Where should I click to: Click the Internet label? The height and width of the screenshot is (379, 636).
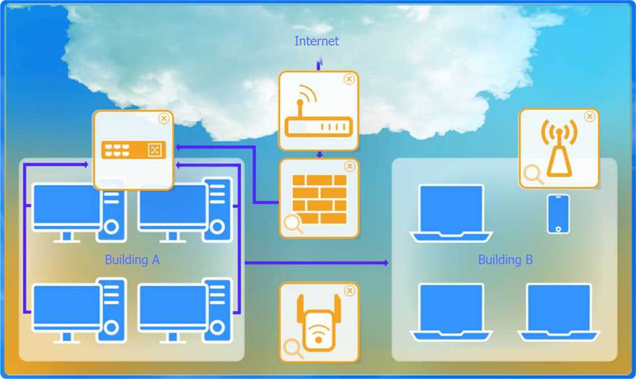[x=317, y=41]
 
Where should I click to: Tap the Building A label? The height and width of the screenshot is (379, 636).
[x=132, y=259]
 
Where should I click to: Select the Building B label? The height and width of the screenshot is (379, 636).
[x=505, y=259]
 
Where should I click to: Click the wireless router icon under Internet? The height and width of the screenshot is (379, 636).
[x=318, y=114]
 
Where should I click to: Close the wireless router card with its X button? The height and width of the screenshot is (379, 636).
[x=349, y=79]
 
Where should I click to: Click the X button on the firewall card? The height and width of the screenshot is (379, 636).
[x=349, y=166]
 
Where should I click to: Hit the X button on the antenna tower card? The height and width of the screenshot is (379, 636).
[x=590, y=116]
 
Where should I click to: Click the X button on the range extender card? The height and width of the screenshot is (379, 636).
[x=349, y=290]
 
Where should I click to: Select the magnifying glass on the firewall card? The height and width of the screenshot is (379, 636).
[x=293, y=224]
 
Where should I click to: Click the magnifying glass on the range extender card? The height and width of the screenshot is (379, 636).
[x=293, y=348]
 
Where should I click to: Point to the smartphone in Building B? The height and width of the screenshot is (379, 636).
[x=558, y=214]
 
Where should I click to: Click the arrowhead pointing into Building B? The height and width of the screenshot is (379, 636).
[x=386, y=263]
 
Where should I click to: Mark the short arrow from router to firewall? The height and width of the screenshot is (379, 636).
[x=319, y=155]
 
